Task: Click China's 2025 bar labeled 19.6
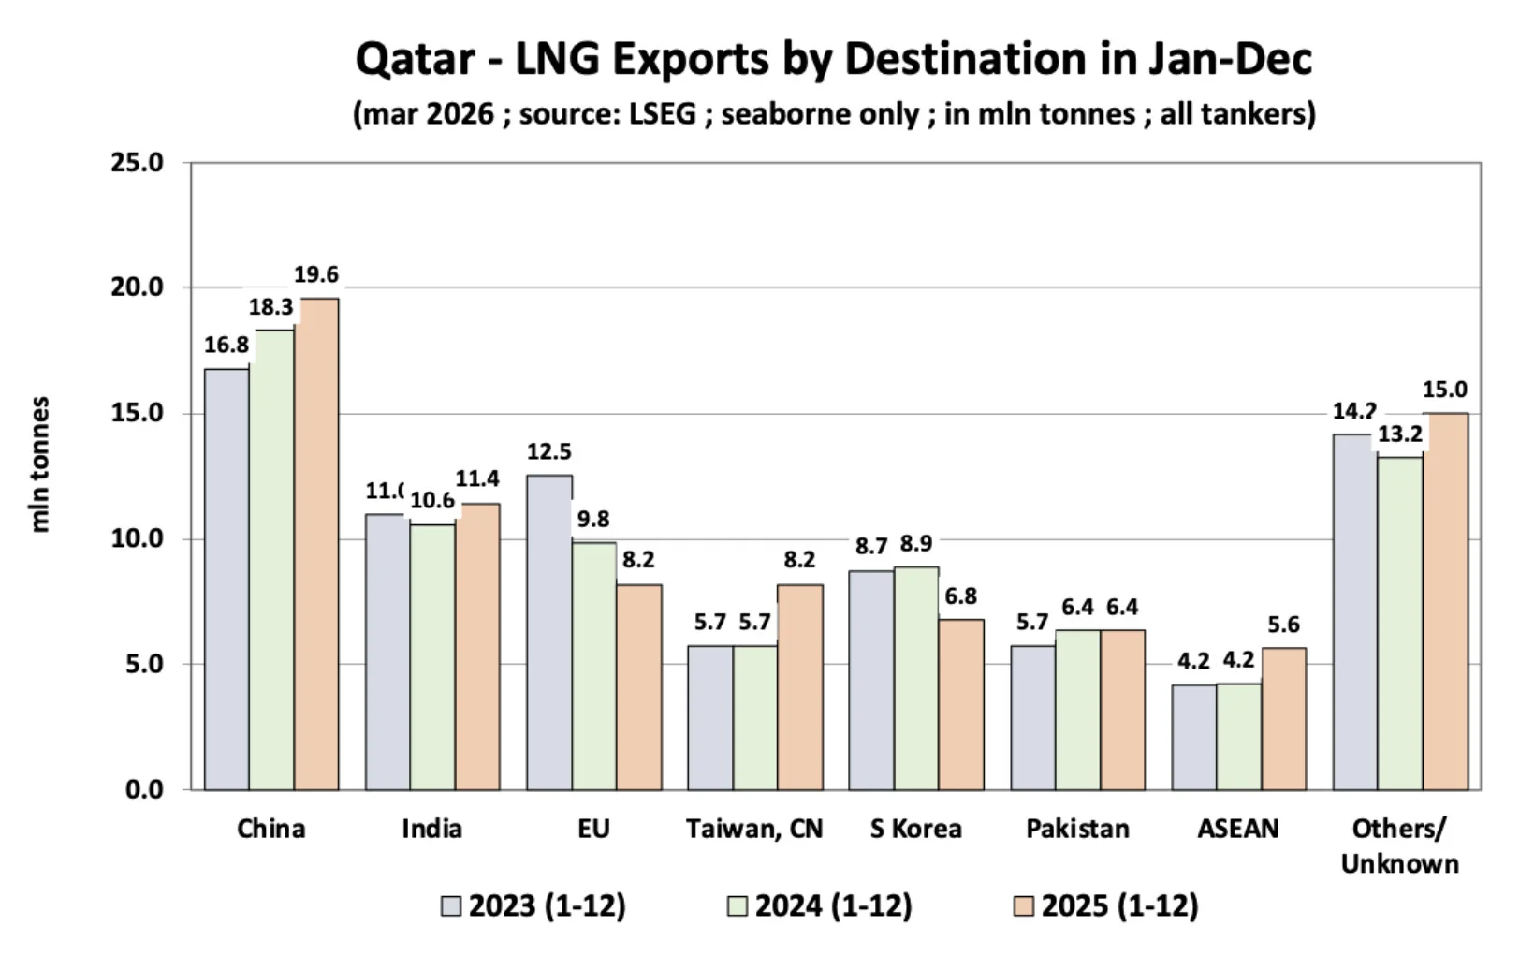(x=316, y=543)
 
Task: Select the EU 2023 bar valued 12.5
(x=549, y=632)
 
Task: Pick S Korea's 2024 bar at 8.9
(x=916, y=678)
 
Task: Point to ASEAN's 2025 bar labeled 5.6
(x=1283, y=718)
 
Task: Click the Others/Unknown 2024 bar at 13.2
(x=1400, y=623)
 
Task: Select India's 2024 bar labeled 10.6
(x=432, y=656)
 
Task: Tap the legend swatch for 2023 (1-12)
(x=451, y=906)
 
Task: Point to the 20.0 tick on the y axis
(x=137, y=287)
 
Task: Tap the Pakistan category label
(x=1077, y=829)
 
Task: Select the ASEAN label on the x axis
(x=1237, y=829)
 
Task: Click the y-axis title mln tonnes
(x=39, y=464)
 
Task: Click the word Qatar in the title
(x=415, y=60)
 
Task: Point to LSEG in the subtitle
(x=663, y=114)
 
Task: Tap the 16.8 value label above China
(x=226, y=346)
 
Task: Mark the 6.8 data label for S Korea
(x=961, y=596)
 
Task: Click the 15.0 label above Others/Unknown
(x=1445, y=390)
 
